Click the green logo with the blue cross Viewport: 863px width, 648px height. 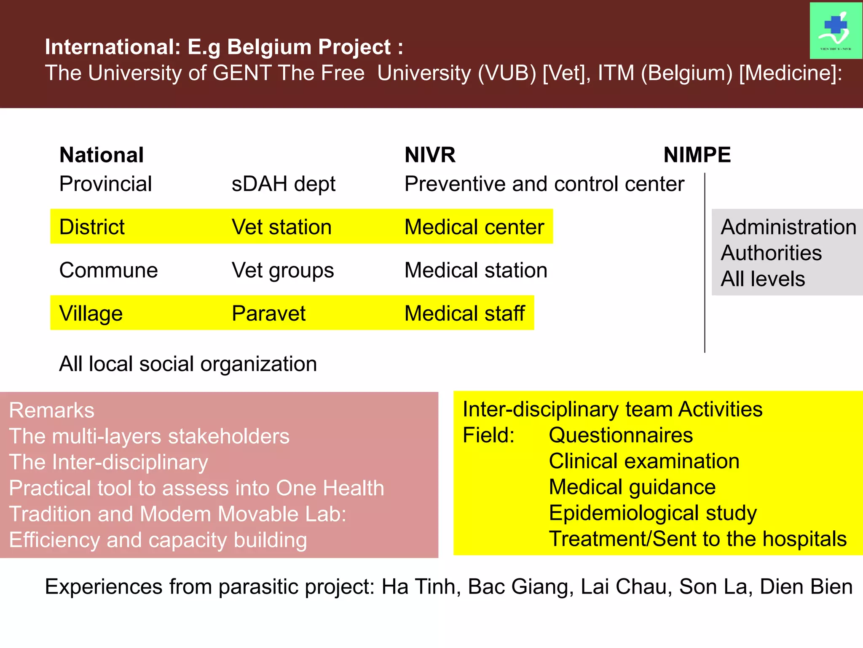point(835,30)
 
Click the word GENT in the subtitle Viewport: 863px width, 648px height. point(242,73)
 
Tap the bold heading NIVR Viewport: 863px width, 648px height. point(430,155)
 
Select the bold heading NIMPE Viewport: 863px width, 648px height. point(697,155)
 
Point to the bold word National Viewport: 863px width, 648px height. point(102,155)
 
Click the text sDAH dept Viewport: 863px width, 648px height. point(283,184)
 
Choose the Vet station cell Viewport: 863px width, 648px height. point(281,227)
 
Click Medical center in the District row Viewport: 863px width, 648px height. point(474,227)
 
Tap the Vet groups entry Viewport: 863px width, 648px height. point(282,270)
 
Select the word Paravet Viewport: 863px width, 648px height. point(268,313)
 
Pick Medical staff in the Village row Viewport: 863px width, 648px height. point(464,313)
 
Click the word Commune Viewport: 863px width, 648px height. point(108,270)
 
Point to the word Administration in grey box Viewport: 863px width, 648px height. point(788,227)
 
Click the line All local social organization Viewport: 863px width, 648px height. point(188,364)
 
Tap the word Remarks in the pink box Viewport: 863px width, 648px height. point(51,410)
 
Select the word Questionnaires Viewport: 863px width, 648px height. point(620,435)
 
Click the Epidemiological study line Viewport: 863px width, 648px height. point(652,513)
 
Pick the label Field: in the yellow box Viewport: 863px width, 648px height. point(488,435)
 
